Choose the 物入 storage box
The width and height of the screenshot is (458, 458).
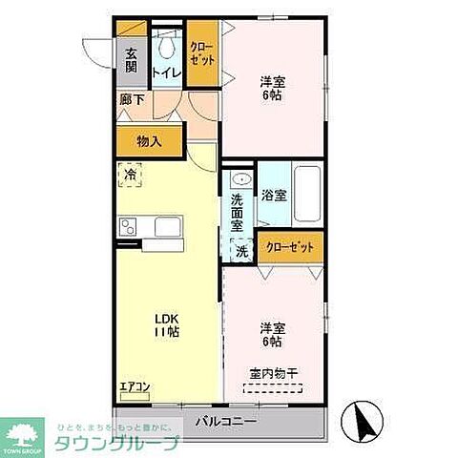point(149,140)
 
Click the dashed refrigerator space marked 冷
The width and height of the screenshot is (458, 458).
point(131,175)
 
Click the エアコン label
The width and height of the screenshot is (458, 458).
point(134,386)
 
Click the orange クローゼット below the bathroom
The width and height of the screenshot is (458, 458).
point(289,246)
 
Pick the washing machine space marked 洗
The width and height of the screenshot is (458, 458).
point(241,251)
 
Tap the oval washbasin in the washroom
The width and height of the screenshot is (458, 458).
point(241,178)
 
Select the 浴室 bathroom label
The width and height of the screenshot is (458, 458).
point(274,196)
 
